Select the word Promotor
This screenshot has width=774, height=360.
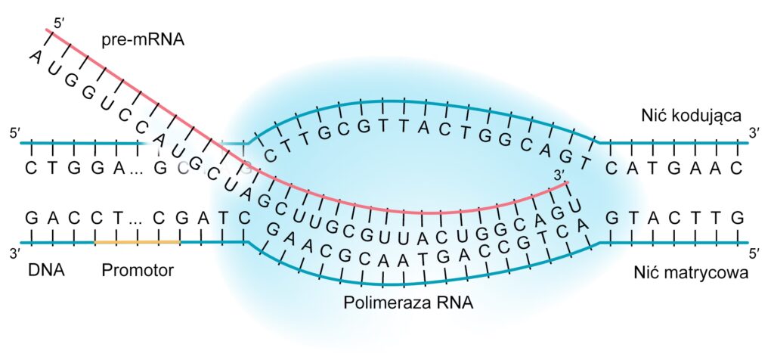click(138, 270)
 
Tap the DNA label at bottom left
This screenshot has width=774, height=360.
click(45, 270)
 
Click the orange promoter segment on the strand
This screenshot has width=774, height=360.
click(137, 242)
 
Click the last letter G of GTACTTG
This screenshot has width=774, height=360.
click(737, 218)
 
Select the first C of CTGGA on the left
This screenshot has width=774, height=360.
click(31, 168)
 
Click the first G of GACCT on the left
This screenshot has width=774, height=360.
click(31, 218)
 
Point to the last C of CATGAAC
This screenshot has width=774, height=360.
click(737, 168)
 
